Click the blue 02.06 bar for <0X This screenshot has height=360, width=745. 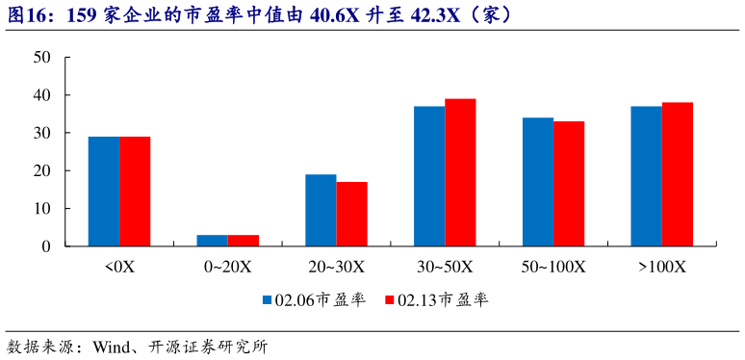104,192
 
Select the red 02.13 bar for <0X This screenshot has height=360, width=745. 135,192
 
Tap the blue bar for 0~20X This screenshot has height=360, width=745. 213,241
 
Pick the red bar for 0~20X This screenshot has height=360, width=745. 244,241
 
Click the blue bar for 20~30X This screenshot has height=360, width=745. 321,211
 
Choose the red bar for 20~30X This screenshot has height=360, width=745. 351,214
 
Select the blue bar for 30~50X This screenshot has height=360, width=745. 429,176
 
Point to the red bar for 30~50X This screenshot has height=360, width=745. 460,172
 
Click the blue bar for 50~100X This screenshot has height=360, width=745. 538,182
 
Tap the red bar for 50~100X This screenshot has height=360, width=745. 569,184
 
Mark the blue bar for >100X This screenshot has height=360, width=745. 646,176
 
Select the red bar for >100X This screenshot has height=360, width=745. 677,174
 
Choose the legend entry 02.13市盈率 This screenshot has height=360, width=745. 436,299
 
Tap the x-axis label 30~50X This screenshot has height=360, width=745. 445,266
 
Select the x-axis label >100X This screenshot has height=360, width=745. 661,266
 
